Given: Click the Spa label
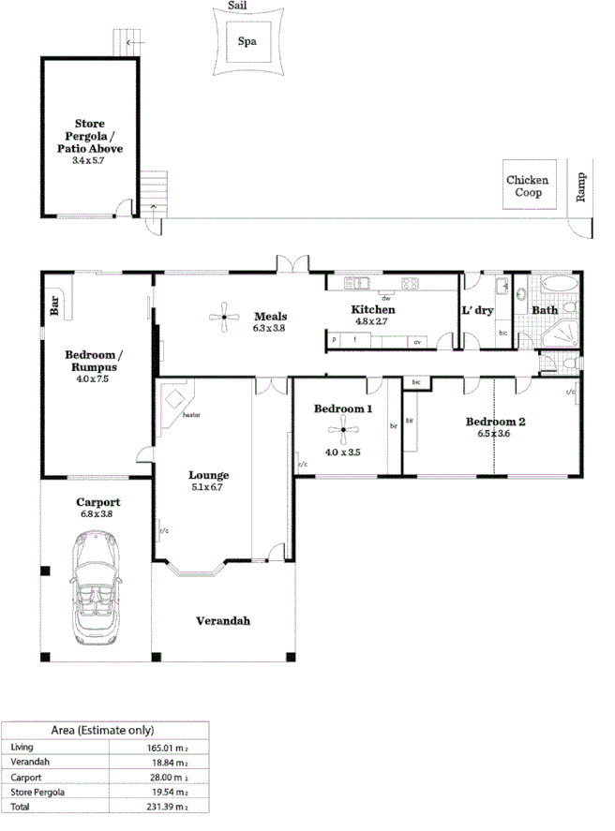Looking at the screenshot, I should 247,41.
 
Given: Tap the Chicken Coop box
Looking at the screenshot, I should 527,185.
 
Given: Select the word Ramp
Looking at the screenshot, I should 581,187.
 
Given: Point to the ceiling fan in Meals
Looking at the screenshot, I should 224,319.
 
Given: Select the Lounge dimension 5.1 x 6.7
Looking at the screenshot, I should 208,487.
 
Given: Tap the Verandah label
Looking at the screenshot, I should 223,621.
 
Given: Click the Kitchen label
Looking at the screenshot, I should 373,309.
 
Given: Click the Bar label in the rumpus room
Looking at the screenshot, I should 53,305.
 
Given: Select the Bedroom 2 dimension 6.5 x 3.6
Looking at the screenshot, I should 496,434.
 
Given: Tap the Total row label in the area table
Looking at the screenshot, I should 21,806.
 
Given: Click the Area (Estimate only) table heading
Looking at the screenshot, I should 103,730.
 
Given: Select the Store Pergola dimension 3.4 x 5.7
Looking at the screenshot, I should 90,161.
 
